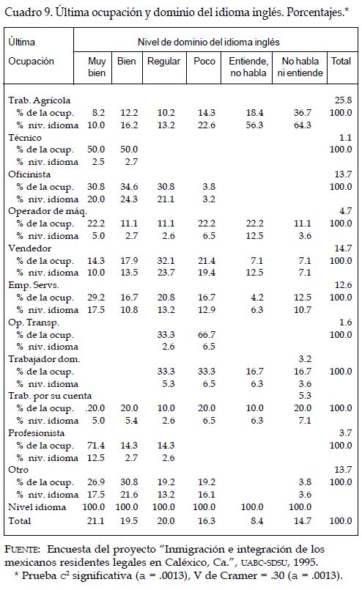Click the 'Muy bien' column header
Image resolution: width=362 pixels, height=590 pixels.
click(x=97, y=67)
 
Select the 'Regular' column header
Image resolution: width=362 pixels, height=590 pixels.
click(x=163, y=62)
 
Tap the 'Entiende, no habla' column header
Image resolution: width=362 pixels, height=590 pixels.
click(x=248, y=67)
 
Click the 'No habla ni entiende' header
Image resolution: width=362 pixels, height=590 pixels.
click(x=300, y=67)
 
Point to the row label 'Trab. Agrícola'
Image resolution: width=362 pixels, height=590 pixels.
click(x=39, y=101)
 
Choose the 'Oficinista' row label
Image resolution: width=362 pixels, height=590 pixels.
click(x=29, y=174)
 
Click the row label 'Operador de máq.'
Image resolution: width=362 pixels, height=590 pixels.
click(x=48, y=212)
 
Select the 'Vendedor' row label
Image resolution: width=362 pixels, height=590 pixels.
click(x=30, y=248)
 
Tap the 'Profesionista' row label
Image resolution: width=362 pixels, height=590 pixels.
click(x=36, y=433)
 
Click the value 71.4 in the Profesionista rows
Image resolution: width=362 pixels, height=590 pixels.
click(x=96, y=446)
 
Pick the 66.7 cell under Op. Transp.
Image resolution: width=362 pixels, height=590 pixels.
click(x=207, y=335)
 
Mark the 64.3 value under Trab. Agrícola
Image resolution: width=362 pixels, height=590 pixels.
click(x=303, y=125)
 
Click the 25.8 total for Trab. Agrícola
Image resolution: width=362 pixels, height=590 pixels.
click(x=343, y=100)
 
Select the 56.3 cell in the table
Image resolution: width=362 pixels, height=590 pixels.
click(x=254, y=125)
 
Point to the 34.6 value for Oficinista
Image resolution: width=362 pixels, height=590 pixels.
click(x=129, y=187)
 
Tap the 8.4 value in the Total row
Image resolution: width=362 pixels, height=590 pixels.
click(x=257, y=521)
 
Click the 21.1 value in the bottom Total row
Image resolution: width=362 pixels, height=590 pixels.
click(x=95, y=521)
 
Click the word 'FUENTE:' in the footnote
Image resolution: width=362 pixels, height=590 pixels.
click(x=22, y=550)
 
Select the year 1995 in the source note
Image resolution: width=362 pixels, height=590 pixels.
click(x=306, y=563)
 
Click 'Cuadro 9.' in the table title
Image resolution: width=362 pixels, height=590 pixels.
click(x=29, y=12)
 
